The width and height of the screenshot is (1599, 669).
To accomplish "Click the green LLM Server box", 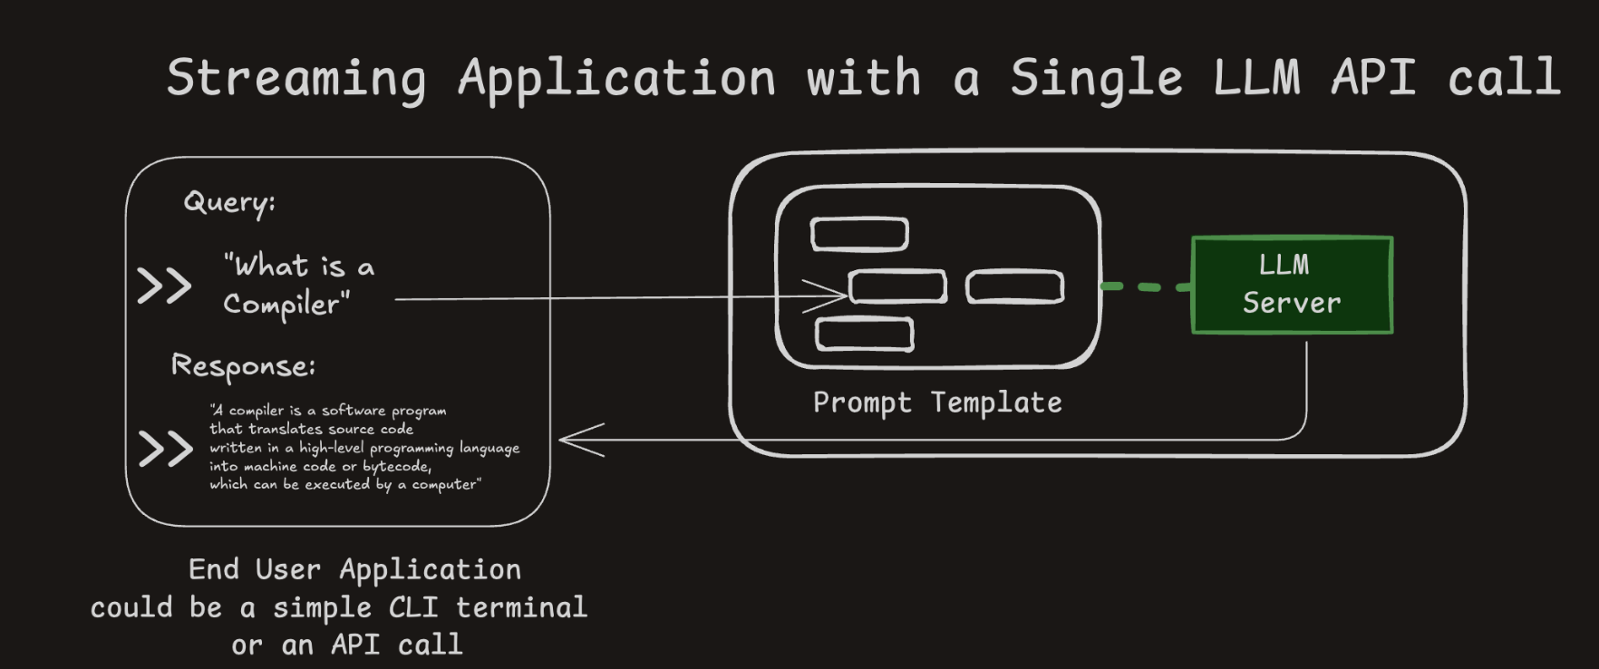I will (x=1292, y=285).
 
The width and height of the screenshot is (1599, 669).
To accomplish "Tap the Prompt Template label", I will (x=937, y=402).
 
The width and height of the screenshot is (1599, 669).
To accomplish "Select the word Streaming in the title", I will (x=296, y=78).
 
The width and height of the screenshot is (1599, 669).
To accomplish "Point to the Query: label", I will (x=229, y=202).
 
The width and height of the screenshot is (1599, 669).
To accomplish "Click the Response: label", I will (x=243, y=366).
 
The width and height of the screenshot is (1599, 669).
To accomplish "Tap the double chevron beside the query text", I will (x=164, y=286).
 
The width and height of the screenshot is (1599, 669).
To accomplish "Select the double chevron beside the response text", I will (x=166, y=449).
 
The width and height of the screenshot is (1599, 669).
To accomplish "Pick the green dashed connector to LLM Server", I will (x=1146, y=286).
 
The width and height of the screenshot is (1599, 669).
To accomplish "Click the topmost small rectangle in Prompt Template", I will (x=859, y=234).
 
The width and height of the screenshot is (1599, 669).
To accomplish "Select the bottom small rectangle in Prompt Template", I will (x=864, y=334).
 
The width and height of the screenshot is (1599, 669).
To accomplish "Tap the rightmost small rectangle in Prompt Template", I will (x=1014, y=287).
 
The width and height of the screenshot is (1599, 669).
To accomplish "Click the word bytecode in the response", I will (x=396, y=467).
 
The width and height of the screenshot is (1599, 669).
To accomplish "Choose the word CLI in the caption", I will (x=413, y=607).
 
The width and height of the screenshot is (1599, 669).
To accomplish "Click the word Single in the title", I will (x=1096, y=78).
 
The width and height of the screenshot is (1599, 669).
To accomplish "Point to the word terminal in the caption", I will (x=521, y=607).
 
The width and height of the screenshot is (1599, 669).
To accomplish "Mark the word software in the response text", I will (x=354, y=411).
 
